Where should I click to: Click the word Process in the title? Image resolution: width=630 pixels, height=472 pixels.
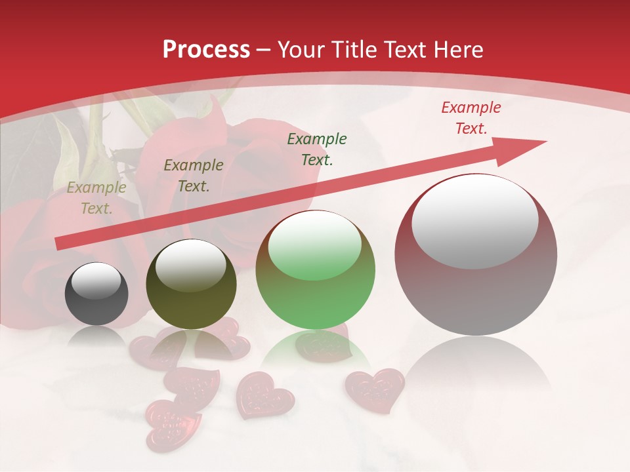206,50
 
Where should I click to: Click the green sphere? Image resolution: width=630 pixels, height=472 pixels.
316,270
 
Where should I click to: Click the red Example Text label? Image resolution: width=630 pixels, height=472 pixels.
471,118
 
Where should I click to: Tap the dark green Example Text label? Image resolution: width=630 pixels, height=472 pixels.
317,149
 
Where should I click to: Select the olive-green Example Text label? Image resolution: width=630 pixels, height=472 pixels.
194,176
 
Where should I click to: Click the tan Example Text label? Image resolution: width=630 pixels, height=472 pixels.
96,198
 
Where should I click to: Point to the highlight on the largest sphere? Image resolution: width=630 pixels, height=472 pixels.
474,221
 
